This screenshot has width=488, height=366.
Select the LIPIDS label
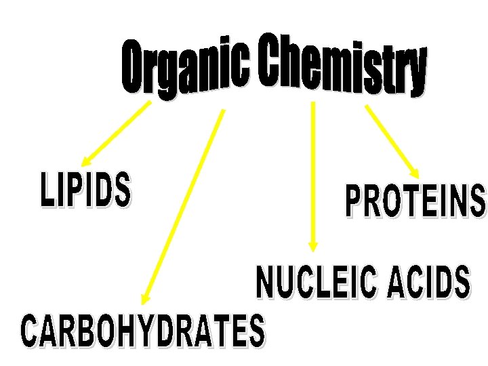(85, 190)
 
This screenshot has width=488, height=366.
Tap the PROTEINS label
(415, 201)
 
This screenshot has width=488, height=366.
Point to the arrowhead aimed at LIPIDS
(85, 161)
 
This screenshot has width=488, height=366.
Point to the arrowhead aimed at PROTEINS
(414, 174)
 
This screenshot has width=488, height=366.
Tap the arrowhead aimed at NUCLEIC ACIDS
(312, 245)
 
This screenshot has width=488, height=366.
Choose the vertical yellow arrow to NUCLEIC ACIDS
(312, 169)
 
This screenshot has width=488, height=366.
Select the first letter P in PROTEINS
(354, 203)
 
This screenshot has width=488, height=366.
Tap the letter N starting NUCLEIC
(266, 284)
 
